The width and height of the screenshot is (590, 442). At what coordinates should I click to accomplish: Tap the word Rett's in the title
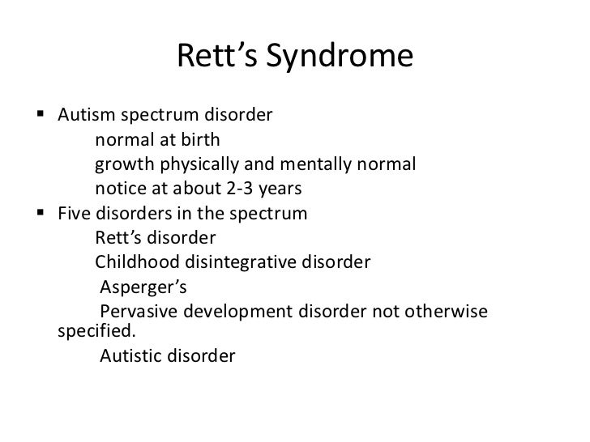point(210,57)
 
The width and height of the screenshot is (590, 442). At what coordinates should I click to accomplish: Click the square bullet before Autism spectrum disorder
point(41,115)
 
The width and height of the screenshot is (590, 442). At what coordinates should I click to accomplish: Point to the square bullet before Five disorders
point(41,215)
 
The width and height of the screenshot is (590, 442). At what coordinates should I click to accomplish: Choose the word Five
point(75,215)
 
